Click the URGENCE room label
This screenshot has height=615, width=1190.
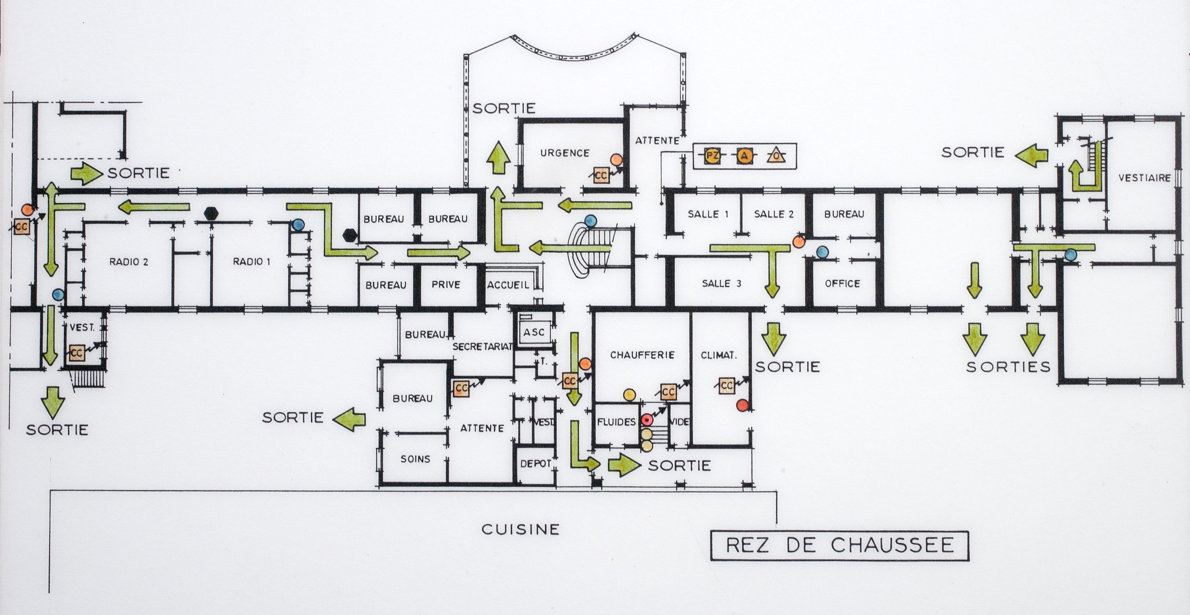pyautogui.click(x=564, y=153)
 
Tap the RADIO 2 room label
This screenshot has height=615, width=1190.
pyautogui.click(x=129, y=262)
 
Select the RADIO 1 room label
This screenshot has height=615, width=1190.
pyautogui.click(x=251, y=262)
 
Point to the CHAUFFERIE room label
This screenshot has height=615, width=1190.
pyautogui.click(x=642, y=355)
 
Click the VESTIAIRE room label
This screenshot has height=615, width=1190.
pyautogui.click(x=1144, y=178)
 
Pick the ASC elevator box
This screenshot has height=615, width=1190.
pyautogui.click(x=534, y=332)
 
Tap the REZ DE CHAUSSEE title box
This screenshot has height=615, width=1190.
pyautogui.click(x=839, y=546)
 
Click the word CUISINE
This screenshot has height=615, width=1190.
pyautogui.click(x=520, y=529)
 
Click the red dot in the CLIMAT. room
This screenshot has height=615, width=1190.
pyautogui.click(x=742, y=405)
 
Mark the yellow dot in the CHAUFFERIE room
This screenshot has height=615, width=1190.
pyautogui.click(x=629, y=395)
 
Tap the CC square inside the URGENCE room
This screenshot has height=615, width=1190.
pyautogui.click(x=601, y=176)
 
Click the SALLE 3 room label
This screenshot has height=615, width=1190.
pyautogui.click(x=722, y=284)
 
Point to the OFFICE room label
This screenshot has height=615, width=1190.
pyautogui.click(x=843, y=283)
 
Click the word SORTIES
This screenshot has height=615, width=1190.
pyautogui.click(x=1008, y=367)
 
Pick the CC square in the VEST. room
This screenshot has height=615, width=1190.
pyautogui.click(x=77, y=354)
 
